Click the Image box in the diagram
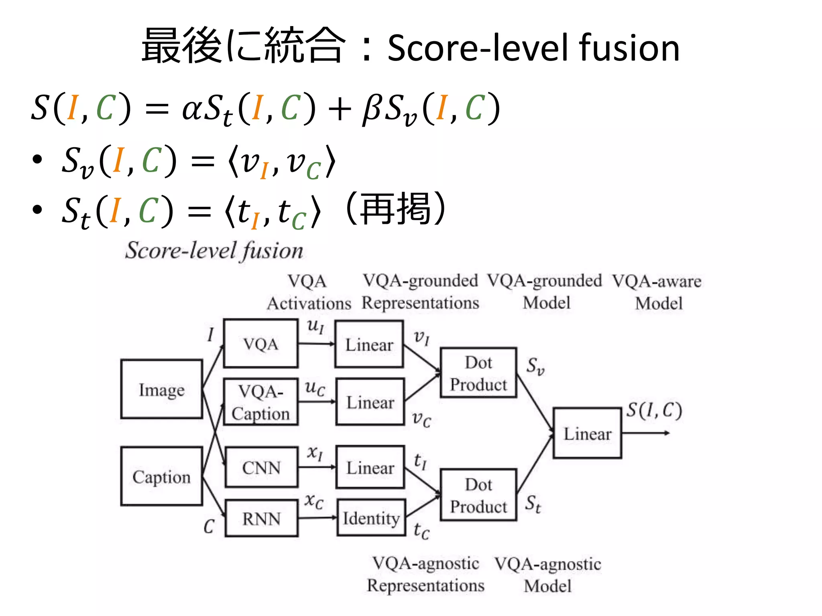click(161, 389)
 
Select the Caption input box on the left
click(161, 476)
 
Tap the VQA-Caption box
click(261, 402)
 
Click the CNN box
click(262, 467)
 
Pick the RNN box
click(262, 518)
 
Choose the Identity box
click(371, 518)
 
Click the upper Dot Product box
click(478, 373)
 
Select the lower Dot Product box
click(478, 495)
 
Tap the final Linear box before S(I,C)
click(587, 433)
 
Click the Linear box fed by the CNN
click(370, 467)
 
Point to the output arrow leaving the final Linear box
click(646, 433)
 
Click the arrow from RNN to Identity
click(317, 518)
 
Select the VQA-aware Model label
click(657, 292)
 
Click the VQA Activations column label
click(308, 292)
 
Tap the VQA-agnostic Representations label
click(426, 574)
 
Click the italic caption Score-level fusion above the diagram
click(214, 251)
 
